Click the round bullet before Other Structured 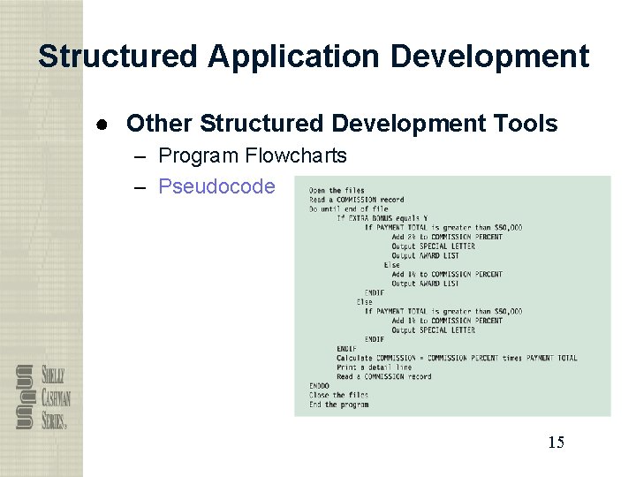pos(103,124)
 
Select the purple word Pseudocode pos(216,186)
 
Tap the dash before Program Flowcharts pos(141,156)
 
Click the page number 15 pos(556,443)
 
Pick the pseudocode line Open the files pos(337,190)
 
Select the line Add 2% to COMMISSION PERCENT pos(447,237)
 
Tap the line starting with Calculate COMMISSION pos(457,358)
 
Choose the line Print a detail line pos(374,367)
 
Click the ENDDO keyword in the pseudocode pos(319,386)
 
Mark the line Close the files pos(338,395)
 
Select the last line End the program pos(338,405)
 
